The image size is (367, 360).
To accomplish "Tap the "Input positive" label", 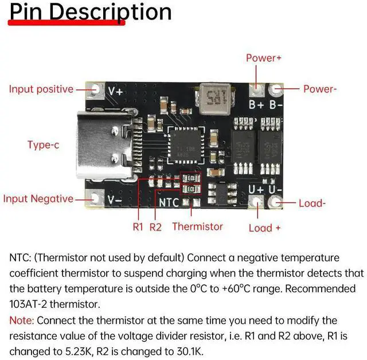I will pos(41,89).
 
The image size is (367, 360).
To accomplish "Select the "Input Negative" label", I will pos(38,199).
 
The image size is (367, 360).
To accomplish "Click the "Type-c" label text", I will pos(43,145).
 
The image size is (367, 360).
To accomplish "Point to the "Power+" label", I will pos(264,58).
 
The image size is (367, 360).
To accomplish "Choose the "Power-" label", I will pos(320,89).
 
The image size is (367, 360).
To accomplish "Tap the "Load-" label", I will pos(313,203).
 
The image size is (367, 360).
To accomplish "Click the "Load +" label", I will pos(264,228).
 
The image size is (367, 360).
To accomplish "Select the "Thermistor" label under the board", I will pos(197,226).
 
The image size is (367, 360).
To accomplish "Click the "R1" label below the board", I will pos(138,227).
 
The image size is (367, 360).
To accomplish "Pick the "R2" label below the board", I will pos(155,227).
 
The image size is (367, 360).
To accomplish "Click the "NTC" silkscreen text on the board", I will pos(169,202).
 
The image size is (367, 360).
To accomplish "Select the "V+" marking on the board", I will pos(115,91).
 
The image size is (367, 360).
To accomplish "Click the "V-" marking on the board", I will pos(115,199).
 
